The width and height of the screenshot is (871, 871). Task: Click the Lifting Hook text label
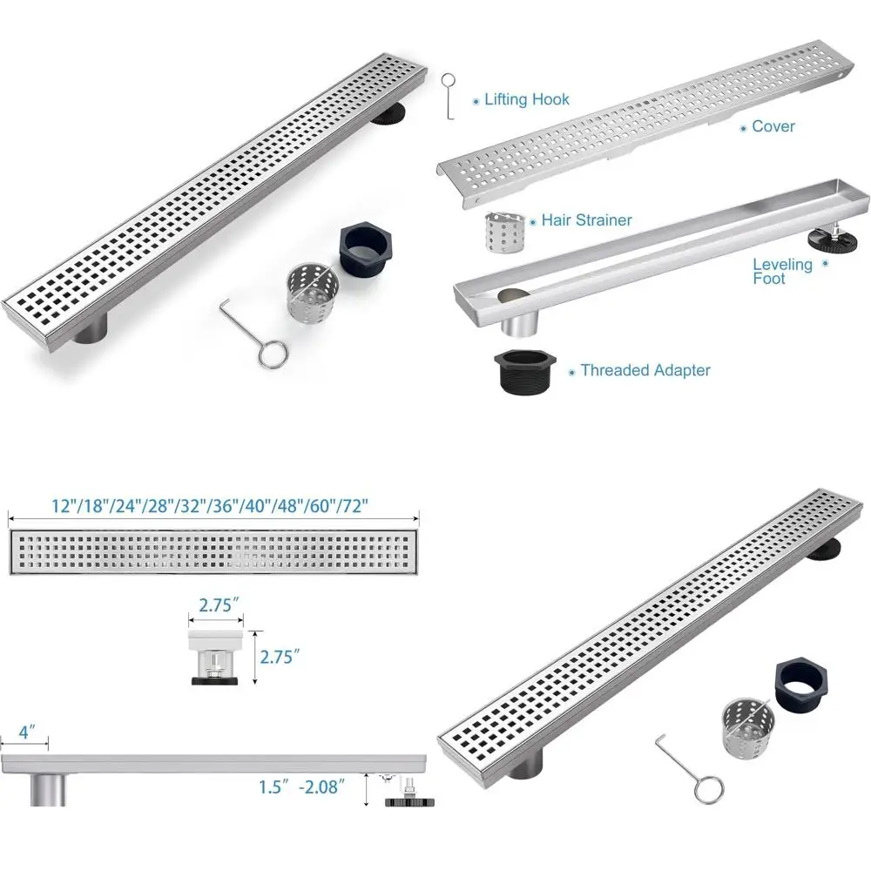pos(527,99)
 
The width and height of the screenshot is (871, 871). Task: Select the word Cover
pos(773,126)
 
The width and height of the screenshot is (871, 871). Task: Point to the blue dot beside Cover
pos(743,128)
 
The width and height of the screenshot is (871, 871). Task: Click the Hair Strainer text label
pos(586,220)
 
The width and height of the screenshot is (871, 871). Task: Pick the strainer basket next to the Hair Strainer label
pos(504,233)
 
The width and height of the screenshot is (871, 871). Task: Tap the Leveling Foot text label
pos(781,271)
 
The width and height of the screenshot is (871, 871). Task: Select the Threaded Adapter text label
pos(645,370)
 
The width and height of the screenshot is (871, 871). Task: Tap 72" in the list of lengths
pos(353,505)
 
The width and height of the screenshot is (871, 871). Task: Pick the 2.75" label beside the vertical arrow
pos(280,656)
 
